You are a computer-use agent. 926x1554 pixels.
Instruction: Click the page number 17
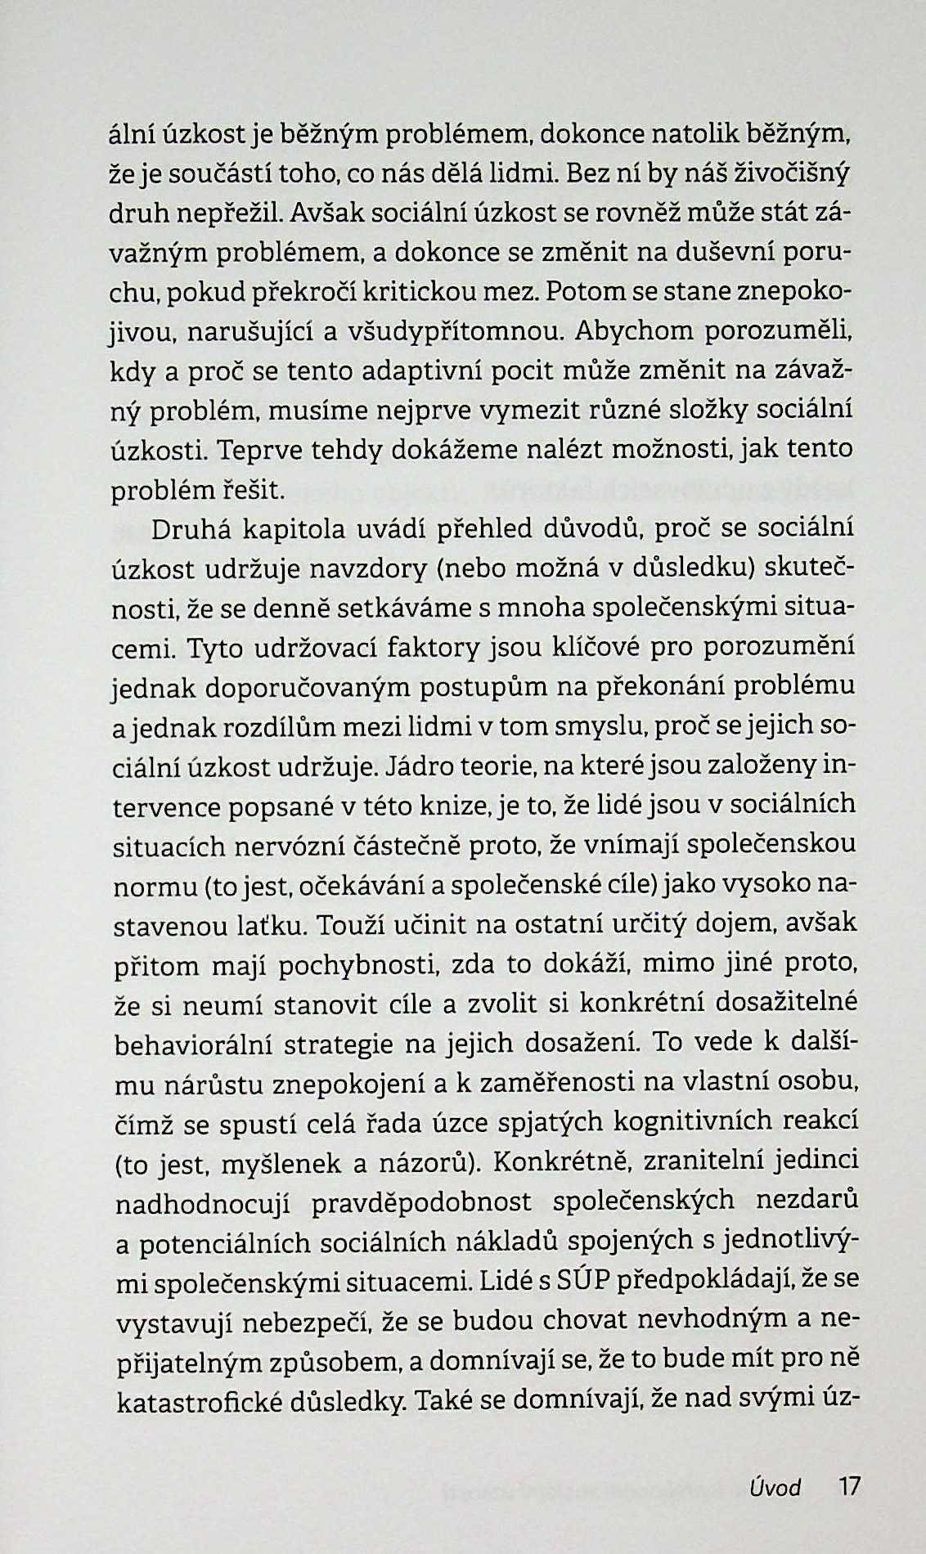[x=849, y=1485]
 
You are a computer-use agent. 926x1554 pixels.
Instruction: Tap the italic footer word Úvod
[x=775, y=1487]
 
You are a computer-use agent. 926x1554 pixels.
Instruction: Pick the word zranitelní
[x=709, y=1161]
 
